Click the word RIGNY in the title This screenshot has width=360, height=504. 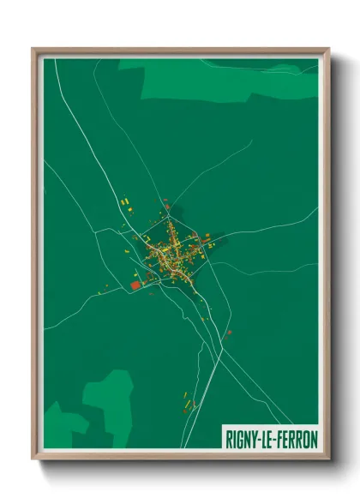coord(242,439)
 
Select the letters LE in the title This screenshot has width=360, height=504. coord(267,439)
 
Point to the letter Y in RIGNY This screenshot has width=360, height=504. coord(254,439)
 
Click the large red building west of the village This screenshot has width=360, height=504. coord(134,285)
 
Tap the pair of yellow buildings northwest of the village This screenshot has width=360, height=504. coord(125,201)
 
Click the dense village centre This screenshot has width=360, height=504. coord(171,253)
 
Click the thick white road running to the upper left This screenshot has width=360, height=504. coord(86,137)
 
